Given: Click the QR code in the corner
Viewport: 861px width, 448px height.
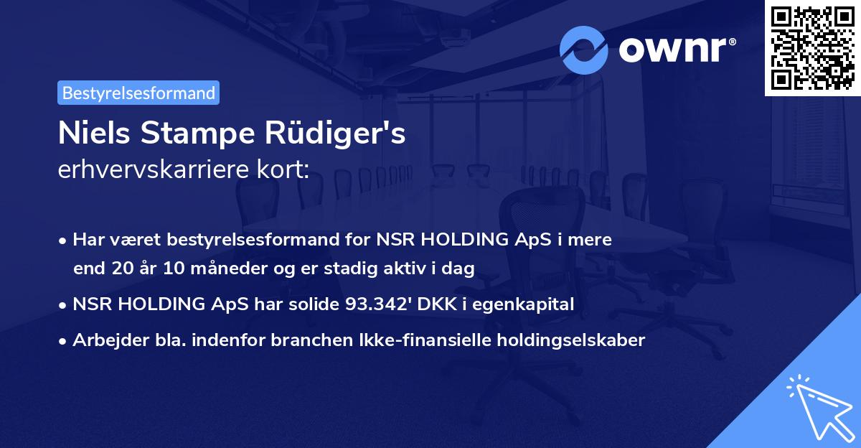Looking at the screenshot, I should coord(813,47).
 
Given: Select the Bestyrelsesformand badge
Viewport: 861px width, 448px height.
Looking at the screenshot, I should coord(138,93).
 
